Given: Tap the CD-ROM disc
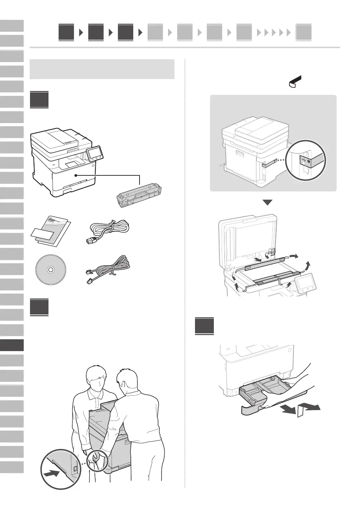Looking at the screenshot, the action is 50,270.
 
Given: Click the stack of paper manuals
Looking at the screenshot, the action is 51,232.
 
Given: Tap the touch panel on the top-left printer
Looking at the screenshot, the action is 93,153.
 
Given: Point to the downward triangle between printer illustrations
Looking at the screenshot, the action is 267,203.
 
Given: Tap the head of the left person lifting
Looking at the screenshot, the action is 96,378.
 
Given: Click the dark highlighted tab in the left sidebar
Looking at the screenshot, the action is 12,345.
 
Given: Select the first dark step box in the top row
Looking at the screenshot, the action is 66,33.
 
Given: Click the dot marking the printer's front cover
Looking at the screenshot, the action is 75,175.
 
